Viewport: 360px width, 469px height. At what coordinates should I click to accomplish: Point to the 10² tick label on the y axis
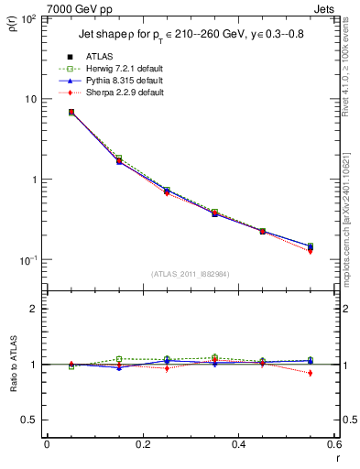tap(30, 19)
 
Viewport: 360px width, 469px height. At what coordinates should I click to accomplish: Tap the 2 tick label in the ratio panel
tap(35, 310)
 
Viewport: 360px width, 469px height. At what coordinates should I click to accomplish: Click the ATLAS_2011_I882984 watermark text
tap(191, 274)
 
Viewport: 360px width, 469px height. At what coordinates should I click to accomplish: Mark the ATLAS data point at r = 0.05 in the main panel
tap(71, 112)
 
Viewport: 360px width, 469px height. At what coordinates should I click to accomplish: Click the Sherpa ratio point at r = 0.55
tap(311, 373)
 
